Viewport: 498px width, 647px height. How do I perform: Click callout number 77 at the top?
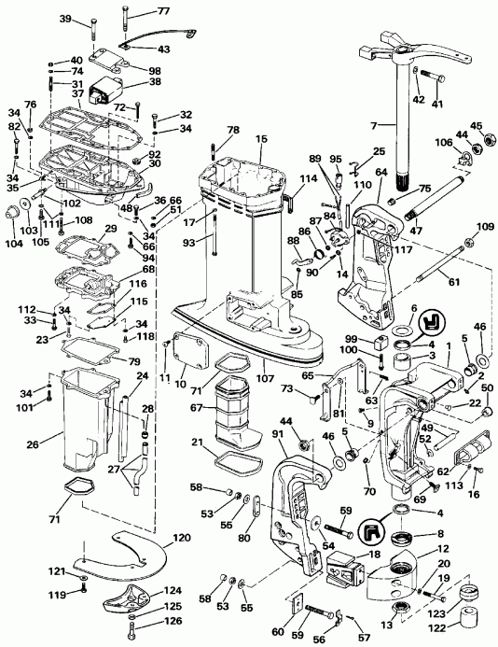click(163, 11)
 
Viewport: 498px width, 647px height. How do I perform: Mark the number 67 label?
click(196, 407)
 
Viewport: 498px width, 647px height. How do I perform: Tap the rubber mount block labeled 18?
click(344, 569)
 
